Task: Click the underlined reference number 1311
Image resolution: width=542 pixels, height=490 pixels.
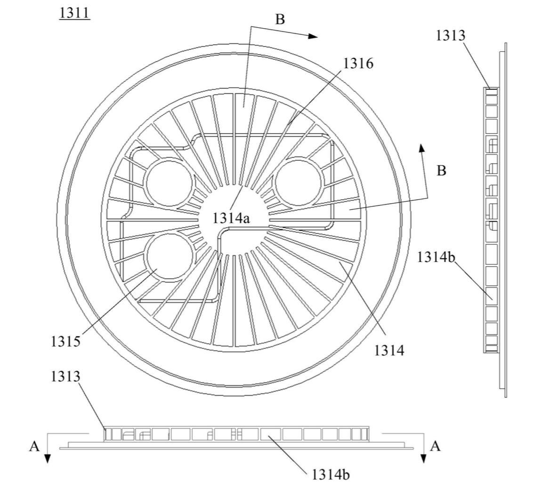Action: (74, 13)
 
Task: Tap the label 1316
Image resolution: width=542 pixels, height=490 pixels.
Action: (358, 63)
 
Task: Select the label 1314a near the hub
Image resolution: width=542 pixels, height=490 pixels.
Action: (231, 218)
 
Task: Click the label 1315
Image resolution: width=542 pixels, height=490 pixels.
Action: (65, 341)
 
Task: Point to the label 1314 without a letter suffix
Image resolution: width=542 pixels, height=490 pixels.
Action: (389, 351)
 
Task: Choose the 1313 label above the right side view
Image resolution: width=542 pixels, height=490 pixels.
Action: (450, 36)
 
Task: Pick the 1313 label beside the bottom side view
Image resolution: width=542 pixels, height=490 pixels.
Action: (65, 376)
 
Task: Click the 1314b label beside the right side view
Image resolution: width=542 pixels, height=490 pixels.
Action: (436, 257)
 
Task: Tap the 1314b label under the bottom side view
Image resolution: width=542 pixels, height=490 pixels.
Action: (331, 475)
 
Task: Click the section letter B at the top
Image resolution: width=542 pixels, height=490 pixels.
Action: (280, 20)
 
